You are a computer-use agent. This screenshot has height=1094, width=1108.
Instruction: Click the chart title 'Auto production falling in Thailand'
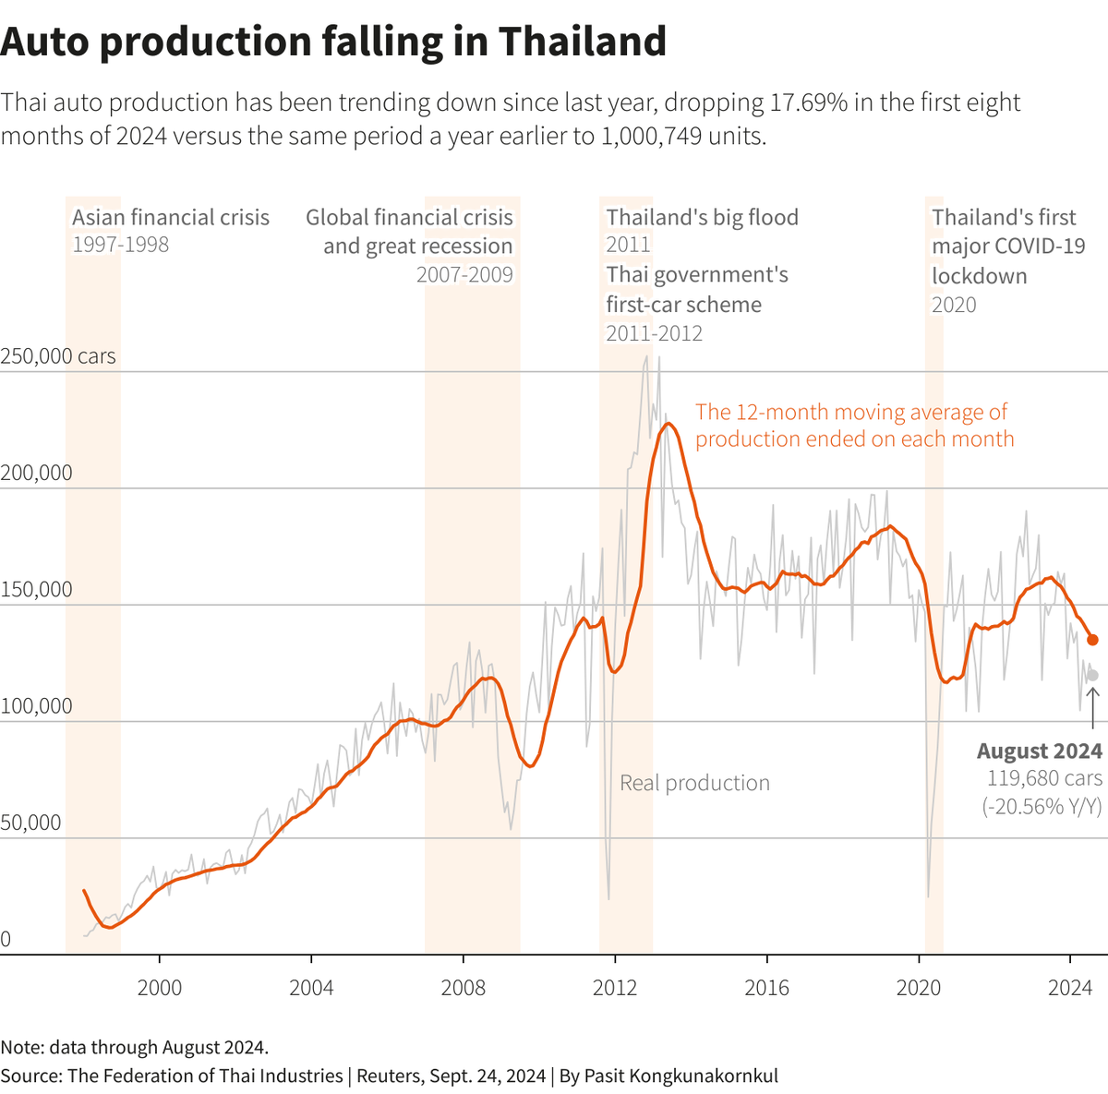[x=333, y=42]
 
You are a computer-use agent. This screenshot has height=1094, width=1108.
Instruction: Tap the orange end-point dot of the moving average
[x=1092, y=640]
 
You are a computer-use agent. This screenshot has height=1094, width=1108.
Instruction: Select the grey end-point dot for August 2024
[x=1092, y=675]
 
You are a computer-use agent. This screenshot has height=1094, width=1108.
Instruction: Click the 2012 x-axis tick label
[x=615, y=988]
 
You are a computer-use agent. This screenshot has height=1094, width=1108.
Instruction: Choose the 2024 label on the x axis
[x=1070, y=988]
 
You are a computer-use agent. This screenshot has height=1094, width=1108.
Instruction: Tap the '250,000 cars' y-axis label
[x=58, y=356]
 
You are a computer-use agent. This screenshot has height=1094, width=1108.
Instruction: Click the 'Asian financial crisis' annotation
[x=171, y=218]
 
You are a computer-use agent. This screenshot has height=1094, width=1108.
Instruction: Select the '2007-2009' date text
[x=464, y=275]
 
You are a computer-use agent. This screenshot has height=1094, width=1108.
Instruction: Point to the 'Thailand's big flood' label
[x=702, y=218]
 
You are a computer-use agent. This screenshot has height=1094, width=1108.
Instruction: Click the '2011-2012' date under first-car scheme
[x=654, y=333]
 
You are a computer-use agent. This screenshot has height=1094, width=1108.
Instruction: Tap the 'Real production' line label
[x=694, y=783]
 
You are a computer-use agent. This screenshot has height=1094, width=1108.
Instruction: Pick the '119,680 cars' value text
[x=1044, y=778]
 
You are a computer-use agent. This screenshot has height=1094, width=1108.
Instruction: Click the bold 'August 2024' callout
[x=1039, y=751]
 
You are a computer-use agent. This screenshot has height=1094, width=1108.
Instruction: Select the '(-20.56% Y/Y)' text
[x=1042, y=806]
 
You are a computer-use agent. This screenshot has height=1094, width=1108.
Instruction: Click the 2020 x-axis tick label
[x=919, y=988]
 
